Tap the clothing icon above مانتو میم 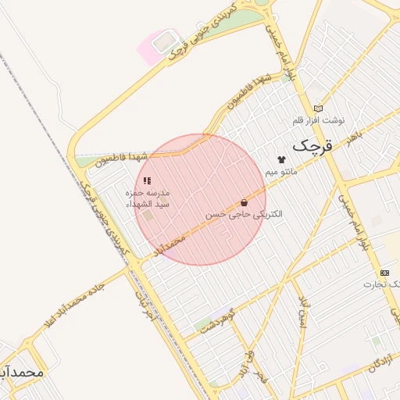(x=281, y=159)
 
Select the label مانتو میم (x=281, y=170)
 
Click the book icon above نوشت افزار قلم (x=317, y=108)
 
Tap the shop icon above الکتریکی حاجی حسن (x=245, y=202)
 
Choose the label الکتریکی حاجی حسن (x=244, y=213)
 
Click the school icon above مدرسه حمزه (x=147, y=180)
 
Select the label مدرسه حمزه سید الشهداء (x=148, y=198)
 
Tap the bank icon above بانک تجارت (x=384, y=272)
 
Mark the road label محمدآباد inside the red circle (x=170, y=245)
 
